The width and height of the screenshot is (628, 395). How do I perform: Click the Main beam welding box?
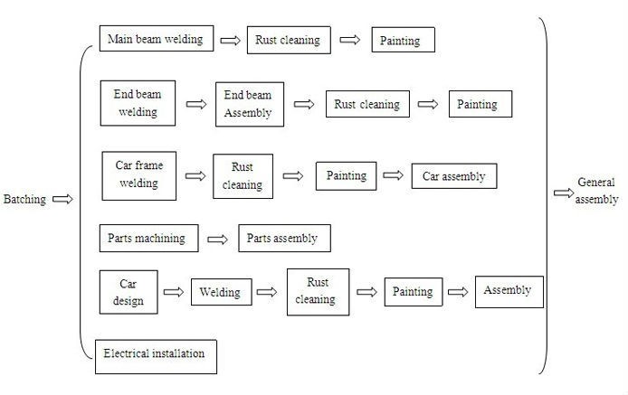tap(157, 39)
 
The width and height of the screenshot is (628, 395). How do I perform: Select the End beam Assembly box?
tap(249, 104)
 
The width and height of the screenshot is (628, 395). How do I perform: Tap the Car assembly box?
tap(453, 176)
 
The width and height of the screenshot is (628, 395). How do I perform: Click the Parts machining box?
tap(147, 239)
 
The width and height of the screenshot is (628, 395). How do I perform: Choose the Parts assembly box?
tap(284, 239)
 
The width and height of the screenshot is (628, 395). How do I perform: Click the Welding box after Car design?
tap(221, 292)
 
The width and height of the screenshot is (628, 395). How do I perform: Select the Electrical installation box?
tap(156, 353)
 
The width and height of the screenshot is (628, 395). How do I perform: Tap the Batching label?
tap(24, 199)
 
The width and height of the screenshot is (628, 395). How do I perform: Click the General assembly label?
tap(597, 192)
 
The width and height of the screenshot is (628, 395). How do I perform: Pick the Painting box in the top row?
tap(403, 41)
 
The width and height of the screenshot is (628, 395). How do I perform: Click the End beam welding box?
tap(136, 103)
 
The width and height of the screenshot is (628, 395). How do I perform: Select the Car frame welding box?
tap(138, 174)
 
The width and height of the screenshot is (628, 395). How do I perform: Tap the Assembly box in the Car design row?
tap(509, 291)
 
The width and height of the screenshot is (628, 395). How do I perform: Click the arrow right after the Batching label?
tap(63, 199)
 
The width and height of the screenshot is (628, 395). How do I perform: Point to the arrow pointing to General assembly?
tap(562, 193)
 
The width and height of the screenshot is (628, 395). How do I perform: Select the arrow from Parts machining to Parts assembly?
tap(217, 240)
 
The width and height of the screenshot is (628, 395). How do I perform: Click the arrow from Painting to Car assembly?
tap(394, 176)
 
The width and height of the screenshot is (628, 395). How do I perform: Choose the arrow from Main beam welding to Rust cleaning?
tap(231, 41)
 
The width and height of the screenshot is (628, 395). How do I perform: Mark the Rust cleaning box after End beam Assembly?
tap(366, 104)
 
